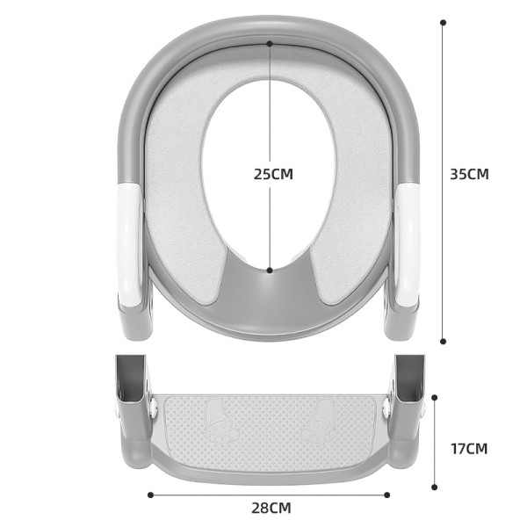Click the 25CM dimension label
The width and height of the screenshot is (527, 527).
pos(273,174)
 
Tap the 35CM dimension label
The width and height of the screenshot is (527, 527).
pos(469,174)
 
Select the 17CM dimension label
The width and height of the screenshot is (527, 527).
pos(469,449)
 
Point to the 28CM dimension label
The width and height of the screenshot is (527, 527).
pos(271,508)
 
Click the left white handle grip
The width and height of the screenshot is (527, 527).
pos(129,246)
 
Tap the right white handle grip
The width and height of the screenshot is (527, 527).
pos(408,246)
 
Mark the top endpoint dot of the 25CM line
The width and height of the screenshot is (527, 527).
pos(270,42)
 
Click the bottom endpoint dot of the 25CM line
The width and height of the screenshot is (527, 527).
pos(270,270)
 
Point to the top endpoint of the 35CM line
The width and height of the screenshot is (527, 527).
pos(443,22)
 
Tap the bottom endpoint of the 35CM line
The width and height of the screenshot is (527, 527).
pos(443,342)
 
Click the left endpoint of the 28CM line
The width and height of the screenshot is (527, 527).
pos(150,495)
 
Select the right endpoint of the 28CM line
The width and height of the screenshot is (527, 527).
pos(388,495)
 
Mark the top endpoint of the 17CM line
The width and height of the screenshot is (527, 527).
pos(435,397)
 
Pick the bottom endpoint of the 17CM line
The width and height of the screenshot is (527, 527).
pos(435,487)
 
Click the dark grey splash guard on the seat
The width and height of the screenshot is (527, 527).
pos(270,294)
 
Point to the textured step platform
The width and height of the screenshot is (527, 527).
pos(270,430)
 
